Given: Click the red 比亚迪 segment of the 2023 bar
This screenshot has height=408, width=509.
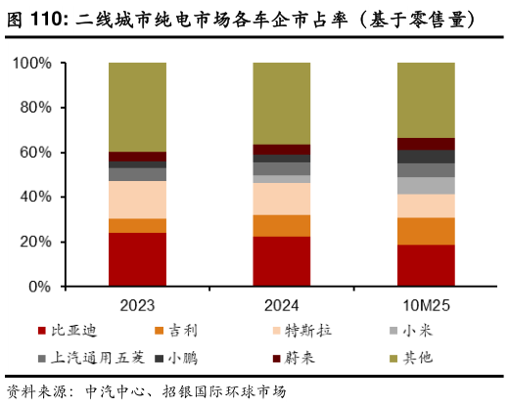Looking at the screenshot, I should pos(137,259).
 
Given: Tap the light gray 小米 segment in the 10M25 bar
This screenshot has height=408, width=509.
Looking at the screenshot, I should pos(426,185).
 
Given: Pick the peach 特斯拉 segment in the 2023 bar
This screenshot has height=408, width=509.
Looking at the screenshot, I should pos(137,200).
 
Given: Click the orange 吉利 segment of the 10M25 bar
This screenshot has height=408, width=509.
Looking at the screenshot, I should pos(426,231).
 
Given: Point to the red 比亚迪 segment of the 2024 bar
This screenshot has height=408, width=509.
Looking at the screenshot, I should pos(282,261).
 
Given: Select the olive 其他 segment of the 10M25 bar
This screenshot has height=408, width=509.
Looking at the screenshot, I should pos(426,100).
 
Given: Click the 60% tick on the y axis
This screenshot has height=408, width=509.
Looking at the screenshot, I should pos(36,153).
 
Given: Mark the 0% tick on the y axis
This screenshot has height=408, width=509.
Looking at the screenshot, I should pos(40,287).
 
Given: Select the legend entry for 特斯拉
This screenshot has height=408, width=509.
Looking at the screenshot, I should pos(308,331).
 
